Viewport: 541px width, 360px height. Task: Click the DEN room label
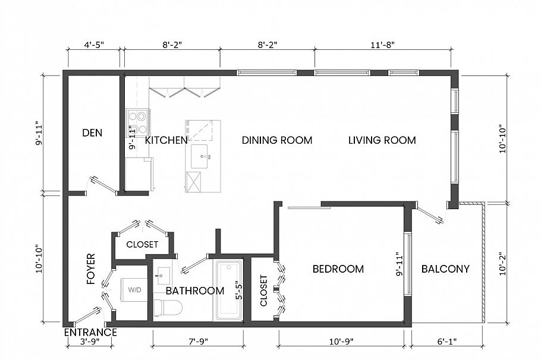pos(92,133)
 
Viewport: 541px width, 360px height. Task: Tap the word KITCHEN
pos(166,140)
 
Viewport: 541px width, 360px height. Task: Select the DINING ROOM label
pos(277,140)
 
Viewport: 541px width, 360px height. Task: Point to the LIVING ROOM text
pos(382,140)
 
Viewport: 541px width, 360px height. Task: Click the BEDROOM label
pos(338,269)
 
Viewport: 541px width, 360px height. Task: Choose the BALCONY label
pos(445,269)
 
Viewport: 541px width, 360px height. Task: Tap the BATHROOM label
pos(195,290)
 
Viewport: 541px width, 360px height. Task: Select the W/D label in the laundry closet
pos(135,290)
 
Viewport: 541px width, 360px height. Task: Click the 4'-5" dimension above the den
pos(94,44)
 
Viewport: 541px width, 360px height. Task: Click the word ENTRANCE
pos(90,332)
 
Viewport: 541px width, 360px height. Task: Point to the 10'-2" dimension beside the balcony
pos(502,263)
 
